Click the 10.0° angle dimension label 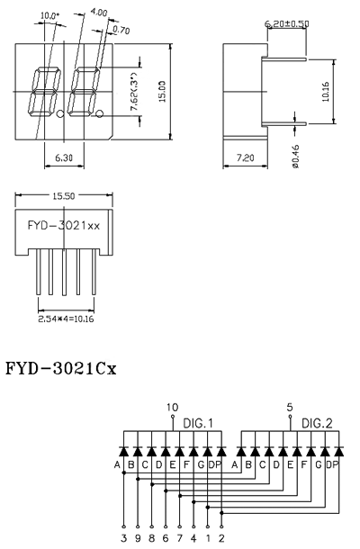[49, 16]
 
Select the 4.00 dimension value [99, 13]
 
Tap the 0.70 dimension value [121, 30]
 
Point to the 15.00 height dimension [162, 92]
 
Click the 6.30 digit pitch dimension [64, 157]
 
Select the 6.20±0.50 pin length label [287, 23]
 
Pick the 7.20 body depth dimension [245, 157]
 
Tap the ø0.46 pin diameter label [295, 157]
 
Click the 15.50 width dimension [64, 196]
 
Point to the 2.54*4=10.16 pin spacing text [66, 319]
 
